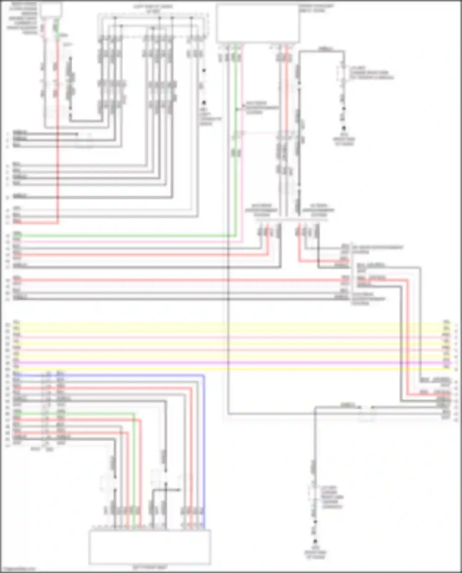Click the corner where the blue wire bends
pos(204,376)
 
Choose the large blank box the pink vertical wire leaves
pos(258,23)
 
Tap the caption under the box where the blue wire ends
pos(150,567)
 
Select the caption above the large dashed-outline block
pos(153,9)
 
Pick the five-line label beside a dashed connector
pos(332,497)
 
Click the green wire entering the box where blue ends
pos(134,462)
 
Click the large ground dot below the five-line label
pos(315,541)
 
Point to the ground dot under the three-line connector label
pos(344,128)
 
